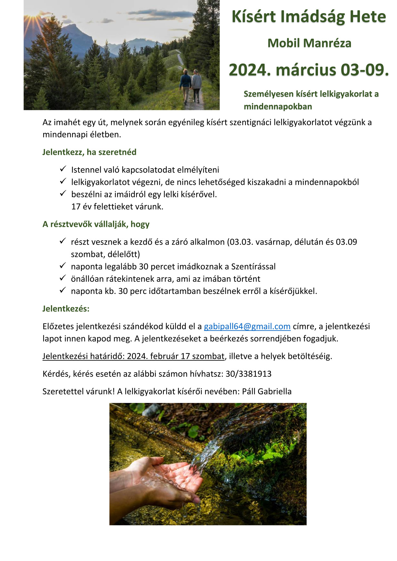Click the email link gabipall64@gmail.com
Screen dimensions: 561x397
[247, 326]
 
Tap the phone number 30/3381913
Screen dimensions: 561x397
[248, 374]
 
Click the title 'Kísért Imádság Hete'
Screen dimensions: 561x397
[309, 17]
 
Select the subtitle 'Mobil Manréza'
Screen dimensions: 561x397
[309, 43]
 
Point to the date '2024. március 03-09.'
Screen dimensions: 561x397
[309, 70]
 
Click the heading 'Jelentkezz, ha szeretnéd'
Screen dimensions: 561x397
[89, 152]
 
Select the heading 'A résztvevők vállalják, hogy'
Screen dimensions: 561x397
[96, 224]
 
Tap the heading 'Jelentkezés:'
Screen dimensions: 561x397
[66, 309]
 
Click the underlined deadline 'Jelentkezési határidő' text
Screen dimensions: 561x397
[134, 356]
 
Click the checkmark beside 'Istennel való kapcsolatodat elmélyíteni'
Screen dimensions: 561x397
[63, 169]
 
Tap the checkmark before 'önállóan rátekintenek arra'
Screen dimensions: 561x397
[63, 278]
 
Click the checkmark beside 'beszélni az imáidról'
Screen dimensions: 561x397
[63, 193]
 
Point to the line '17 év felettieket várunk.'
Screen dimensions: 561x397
[117, 207]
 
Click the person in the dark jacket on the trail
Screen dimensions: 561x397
[185, 84]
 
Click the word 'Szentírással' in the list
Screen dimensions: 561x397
[253, 266]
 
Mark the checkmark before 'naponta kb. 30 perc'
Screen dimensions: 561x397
[63, 290]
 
